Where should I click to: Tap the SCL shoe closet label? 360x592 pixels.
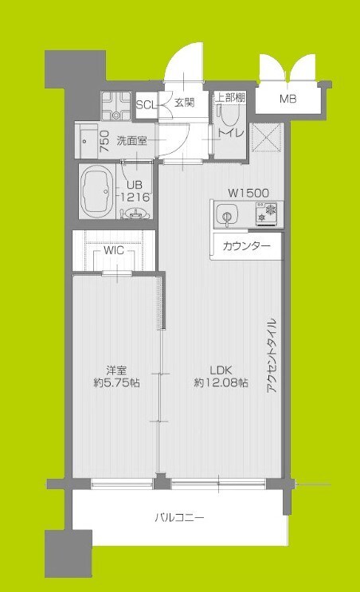[146, 104]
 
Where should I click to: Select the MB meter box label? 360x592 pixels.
[288, 99]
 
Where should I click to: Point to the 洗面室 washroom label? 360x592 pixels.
[132, 141]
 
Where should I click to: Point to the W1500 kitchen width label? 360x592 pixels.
[248, 193]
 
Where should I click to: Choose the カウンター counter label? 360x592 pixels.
[246, 246]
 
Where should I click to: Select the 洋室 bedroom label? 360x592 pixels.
[117, 370]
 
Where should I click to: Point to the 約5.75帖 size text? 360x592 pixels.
[117, 383]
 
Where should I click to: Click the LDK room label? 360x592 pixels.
[221, 370]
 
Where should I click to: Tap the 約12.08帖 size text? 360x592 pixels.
[221, 383]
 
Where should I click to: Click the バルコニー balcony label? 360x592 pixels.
[179, 518]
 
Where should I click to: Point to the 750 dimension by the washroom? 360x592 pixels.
[104, 140]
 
